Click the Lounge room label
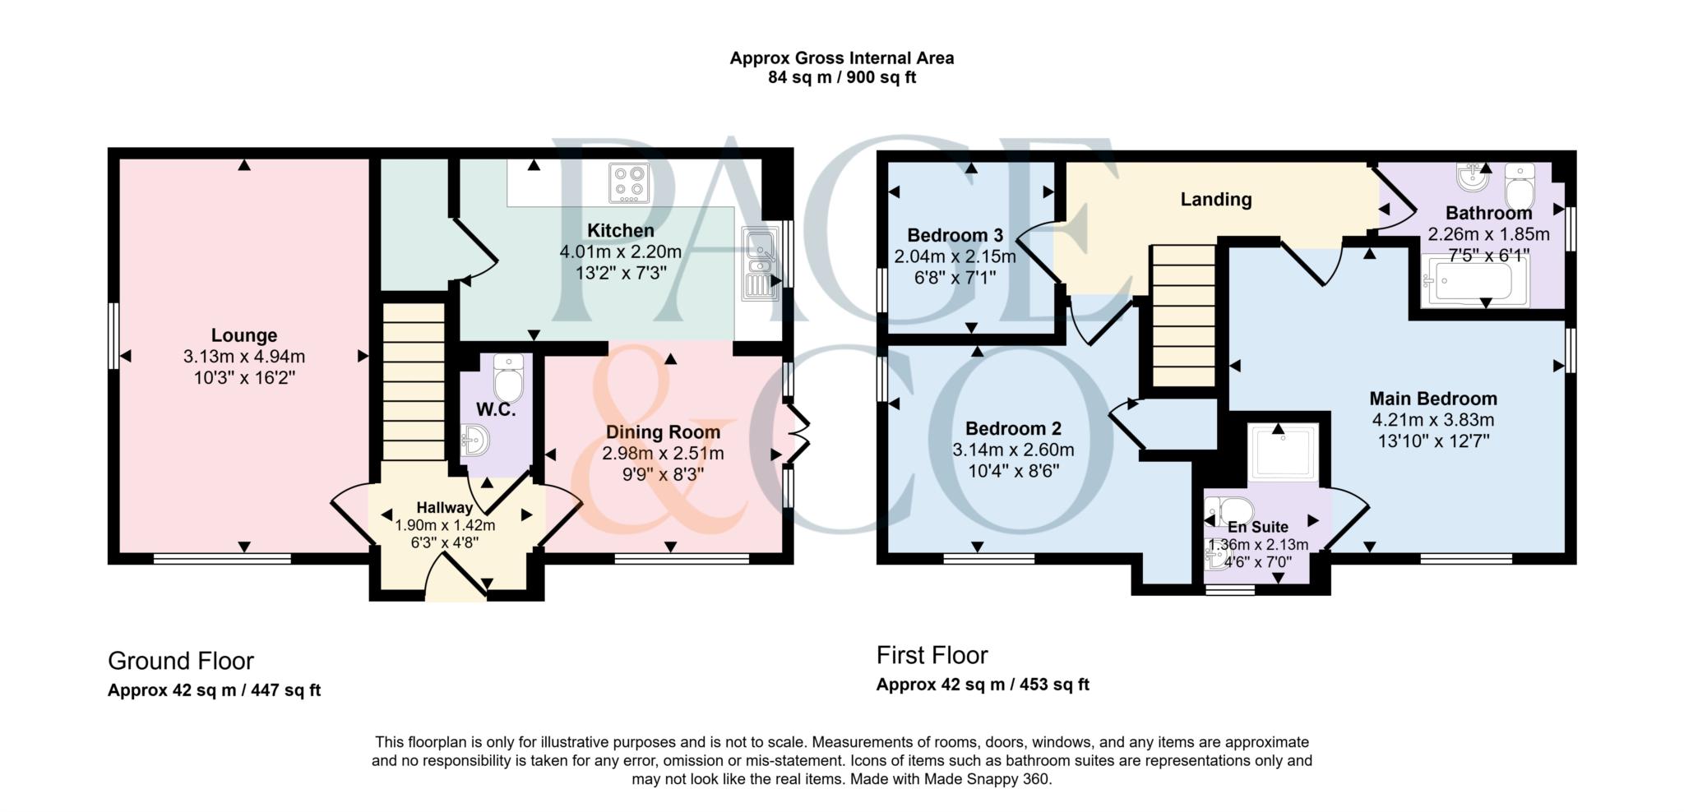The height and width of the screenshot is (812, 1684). point(244,335)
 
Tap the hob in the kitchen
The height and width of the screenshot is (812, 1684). point(629,183)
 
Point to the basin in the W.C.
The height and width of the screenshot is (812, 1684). point(474,441)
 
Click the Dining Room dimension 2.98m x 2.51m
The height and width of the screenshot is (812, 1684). point(663,454)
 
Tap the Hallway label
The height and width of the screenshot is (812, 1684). point(444,508)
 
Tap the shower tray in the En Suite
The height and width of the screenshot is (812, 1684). point(1283,452)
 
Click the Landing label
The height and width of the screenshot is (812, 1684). point(1215,199)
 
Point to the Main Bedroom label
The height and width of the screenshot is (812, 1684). point(1432,399)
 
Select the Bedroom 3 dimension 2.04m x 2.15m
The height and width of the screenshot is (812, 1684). point(955,256)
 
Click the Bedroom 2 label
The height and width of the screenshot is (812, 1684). point(1013,428)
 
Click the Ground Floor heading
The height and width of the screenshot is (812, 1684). point(181,661)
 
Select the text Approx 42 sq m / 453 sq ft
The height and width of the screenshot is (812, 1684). point(983,685)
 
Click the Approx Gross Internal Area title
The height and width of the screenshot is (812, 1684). point(841,58)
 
